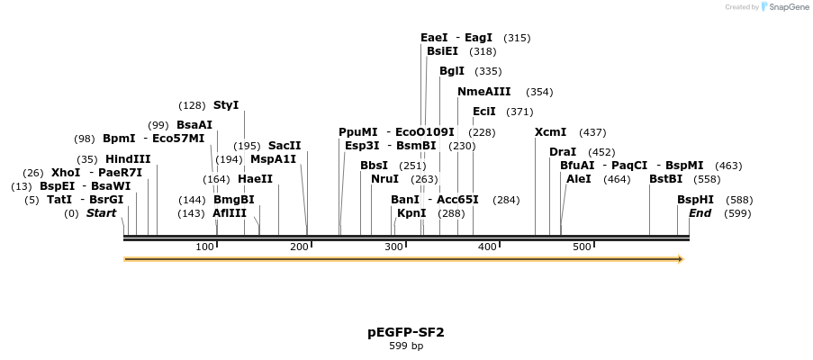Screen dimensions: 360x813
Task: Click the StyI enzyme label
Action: [226, 105]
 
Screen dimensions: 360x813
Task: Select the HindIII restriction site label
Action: [128, 159]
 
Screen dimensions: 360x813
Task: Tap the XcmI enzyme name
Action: [550, 132]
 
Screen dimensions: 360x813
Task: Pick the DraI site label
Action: [563, 152]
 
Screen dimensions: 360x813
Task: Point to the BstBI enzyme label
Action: [665, 179]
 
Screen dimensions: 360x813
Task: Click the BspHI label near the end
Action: [695, 200]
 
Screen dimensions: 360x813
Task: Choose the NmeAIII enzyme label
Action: [483, 92]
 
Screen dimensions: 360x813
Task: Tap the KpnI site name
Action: [411, 213]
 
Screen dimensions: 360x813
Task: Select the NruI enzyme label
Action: [384, 179]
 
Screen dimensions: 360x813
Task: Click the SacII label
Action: [285, 146]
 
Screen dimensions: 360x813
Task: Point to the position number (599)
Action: [737, 213]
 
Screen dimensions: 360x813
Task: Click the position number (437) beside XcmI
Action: [592, 132]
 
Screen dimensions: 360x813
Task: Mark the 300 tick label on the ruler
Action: [393, 247]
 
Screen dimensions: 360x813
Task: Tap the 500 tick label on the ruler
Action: [582, 247]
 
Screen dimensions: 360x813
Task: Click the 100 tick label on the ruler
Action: [204, 247]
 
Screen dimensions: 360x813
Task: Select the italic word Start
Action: [101, 213]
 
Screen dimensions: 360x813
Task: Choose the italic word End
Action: [700, 213]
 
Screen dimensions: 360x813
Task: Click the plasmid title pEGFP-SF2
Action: [406, 332]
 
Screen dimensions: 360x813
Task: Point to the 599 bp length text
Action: [406, 346]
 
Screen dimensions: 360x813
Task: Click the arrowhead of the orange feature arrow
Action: [681, 259]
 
